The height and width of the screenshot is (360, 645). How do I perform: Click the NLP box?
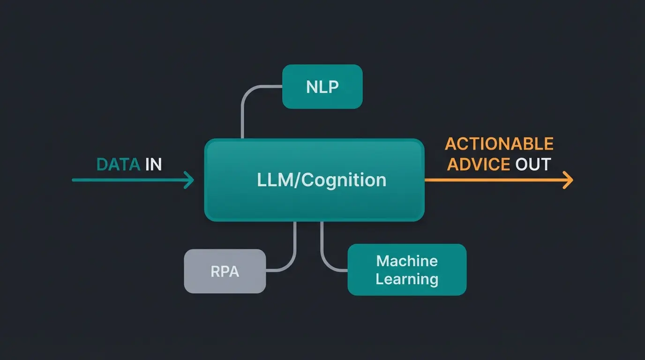pyautogui.click(x=322, y=87)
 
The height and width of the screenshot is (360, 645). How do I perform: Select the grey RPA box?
pyautogui.click(x=225, y=271)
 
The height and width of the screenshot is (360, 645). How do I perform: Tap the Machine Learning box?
pyautogui.click(x=407, y=270)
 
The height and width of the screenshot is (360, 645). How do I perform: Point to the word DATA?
pyautogui.click(x=118, y=165)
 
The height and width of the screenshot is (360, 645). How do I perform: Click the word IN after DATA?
pyautogui.click(x=153, y=165)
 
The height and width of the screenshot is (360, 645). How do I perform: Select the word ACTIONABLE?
pyautogui.click(x=499, y=144)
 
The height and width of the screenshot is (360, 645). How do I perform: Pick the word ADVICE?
pyautogui.click(x=479, y=164)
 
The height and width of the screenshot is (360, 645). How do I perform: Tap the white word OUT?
pyautogui.click(x=533, y=164)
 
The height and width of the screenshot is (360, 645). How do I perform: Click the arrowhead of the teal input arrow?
pyautogui.click(x=190, y=180)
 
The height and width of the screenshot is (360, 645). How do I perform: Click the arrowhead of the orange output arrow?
pyautogui.click(x=569, y=180)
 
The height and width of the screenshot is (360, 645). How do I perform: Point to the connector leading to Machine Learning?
pyautogui.click(x=322, y=248)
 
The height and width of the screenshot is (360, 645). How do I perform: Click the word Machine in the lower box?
pyautogui.click(x=407, y=261)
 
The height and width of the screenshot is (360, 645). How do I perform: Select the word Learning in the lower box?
pyautogui.click(x=407, y=279)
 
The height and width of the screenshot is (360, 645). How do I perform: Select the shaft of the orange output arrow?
pyautogui.click(x=492, y=180)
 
